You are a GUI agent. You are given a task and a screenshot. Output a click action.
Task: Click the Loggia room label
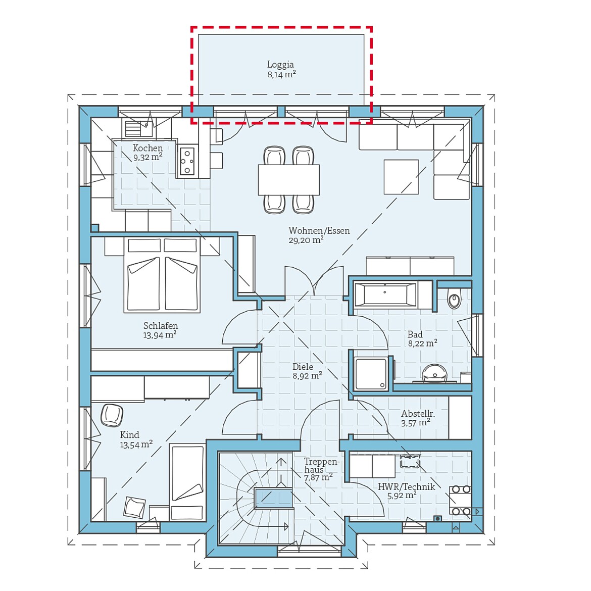(280, 65)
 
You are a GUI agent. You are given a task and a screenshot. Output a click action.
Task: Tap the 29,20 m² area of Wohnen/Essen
(306, 240)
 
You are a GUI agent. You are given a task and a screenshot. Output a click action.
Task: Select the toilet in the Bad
(454, 301)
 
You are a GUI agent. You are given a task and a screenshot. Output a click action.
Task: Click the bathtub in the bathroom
(385, 295)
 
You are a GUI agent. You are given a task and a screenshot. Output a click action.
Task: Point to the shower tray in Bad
(371, 374)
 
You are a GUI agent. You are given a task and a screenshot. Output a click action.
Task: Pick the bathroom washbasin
(434, 373)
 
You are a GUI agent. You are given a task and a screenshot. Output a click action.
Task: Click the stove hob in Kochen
(187, 161)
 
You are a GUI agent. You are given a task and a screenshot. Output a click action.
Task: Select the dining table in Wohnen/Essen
(288, 180)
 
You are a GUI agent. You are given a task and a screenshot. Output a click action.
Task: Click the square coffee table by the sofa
(401, 177)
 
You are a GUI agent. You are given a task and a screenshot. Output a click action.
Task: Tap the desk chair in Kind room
(112, 415)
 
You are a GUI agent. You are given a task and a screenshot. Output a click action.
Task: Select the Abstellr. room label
(418, 414)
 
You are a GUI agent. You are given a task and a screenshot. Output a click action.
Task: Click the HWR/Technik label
(406, 487)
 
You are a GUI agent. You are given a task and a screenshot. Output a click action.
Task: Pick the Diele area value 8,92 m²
(307, 376)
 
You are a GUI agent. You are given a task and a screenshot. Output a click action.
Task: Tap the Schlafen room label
(161, 326)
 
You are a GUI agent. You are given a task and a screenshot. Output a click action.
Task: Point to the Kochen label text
(147, 148)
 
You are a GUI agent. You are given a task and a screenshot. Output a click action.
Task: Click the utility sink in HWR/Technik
(410, 461)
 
